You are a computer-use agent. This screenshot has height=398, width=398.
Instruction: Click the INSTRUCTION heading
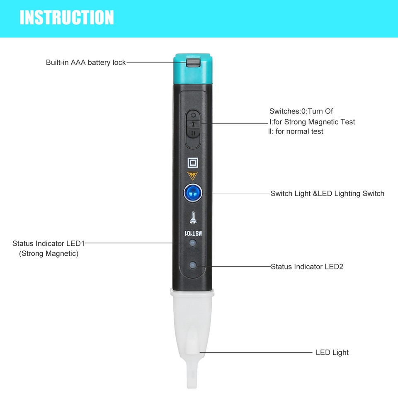click(x=67, y=17)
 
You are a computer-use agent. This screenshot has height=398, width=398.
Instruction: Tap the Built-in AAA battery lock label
click(x=85, y=63)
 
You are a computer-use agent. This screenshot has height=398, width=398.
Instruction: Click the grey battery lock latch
click(x=192, y=63)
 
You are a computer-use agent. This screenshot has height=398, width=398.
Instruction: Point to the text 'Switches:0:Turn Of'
click(x=301, y=111)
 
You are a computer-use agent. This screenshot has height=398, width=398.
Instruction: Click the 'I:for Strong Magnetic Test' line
click(x=312, y=122)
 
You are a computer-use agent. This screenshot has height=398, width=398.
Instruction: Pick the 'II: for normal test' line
click(x=296, y=131)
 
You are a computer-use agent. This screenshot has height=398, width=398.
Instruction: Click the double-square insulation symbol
click(x=192, y=162)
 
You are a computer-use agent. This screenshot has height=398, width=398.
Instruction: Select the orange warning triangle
click(x=192, y=175)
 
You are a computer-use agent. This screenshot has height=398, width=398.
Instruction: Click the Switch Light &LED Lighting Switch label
click(x=327, y=193)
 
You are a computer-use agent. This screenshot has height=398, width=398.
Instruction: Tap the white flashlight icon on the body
click(x=192, y=217)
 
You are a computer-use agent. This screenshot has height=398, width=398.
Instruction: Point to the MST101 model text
click(x=193, y=233)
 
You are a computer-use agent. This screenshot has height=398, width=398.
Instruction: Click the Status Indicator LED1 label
click(x=49, y=243)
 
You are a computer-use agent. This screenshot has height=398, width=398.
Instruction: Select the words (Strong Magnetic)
click(x=49, y=253)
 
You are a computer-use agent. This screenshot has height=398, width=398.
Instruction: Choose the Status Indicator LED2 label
click(x=307, y=267)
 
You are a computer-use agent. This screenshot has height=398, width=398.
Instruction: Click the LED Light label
click(x=332, y=353)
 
